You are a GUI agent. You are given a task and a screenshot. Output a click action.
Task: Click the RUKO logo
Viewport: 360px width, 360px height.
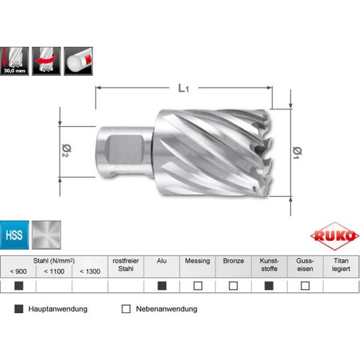click(334, 236)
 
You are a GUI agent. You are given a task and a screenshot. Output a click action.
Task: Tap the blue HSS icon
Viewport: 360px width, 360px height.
click(14, 235)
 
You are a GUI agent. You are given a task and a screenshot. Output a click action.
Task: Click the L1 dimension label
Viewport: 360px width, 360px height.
click(184, 88)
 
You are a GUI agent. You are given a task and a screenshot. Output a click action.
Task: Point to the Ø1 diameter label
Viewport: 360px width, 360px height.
click(298, 152)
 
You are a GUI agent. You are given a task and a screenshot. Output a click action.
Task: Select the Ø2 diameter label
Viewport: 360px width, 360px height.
click(67, 151)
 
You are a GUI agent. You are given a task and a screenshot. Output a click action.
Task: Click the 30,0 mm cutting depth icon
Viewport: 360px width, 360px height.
click(14, 61)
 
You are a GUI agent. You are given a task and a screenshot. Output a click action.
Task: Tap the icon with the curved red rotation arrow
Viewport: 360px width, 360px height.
click(46, 61)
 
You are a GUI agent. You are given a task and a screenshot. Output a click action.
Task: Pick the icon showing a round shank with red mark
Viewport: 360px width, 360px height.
click(78, 61)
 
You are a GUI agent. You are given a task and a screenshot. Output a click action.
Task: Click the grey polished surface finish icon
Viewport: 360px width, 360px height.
click(46, 235)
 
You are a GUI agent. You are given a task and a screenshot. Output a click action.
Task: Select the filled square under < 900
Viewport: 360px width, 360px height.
click(19, 286)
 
